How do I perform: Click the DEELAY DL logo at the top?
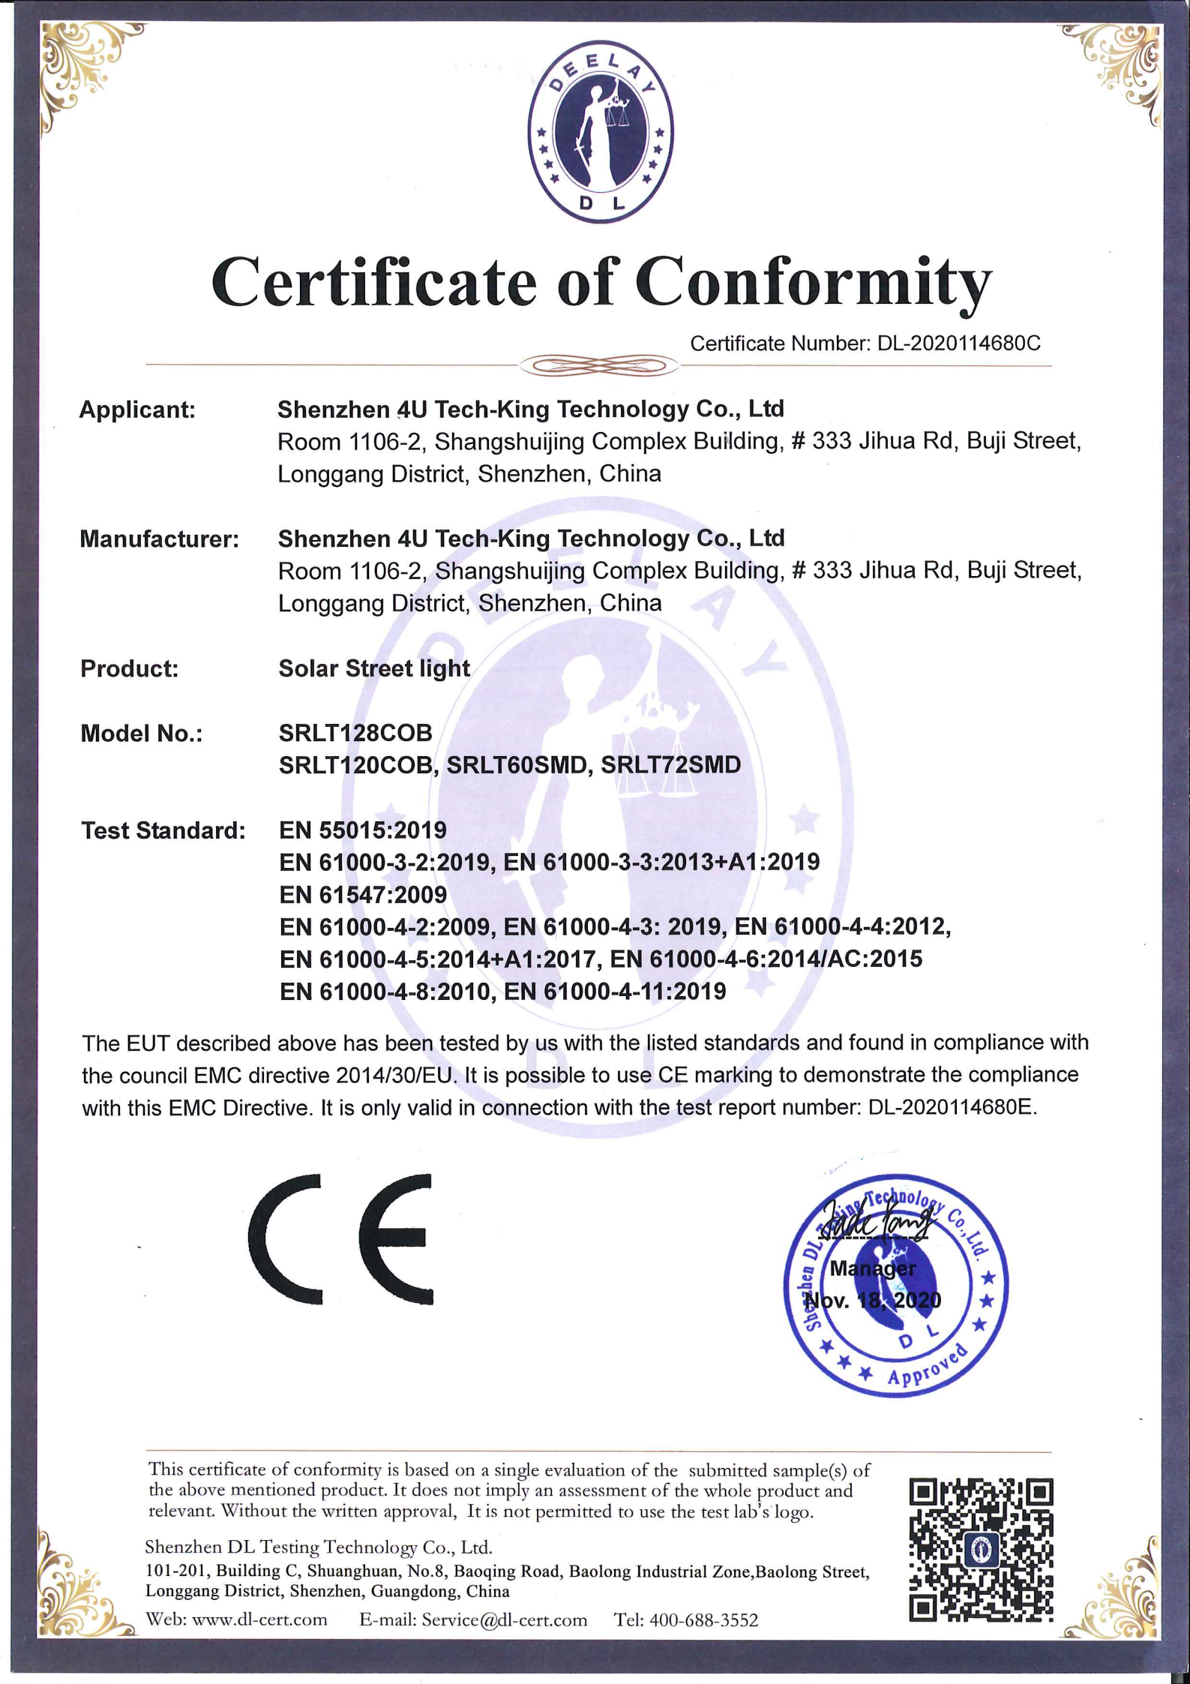click(600, 132)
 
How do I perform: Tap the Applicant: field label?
click(137, 410)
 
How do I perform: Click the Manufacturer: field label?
click(159, 539)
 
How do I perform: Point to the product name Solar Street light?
click(374, 668)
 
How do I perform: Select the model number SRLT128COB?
click(355, 732)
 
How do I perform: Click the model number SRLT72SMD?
click(670, 765)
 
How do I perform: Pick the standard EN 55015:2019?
click(363, 830)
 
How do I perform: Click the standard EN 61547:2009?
click(363, 894)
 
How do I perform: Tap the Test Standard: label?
click(163, 830)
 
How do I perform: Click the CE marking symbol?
click(341, 1238)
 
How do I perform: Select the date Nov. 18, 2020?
click(874, 1300)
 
